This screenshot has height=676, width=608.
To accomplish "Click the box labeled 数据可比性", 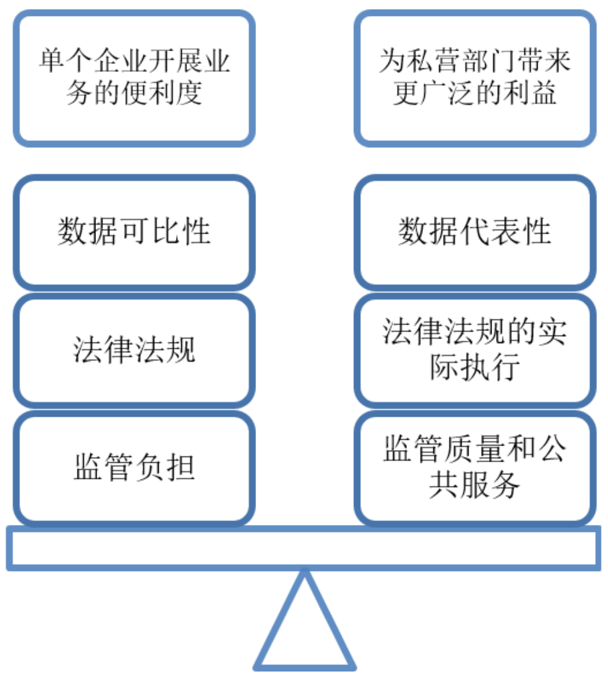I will point(134,232).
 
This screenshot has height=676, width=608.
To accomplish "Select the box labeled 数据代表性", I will point(474,232).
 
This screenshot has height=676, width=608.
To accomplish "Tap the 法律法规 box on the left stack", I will point(134,350).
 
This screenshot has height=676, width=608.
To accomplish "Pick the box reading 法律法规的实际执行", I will point(474,350).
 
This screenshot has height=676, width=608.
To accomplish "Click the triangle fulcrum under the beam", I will point(305,627).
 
